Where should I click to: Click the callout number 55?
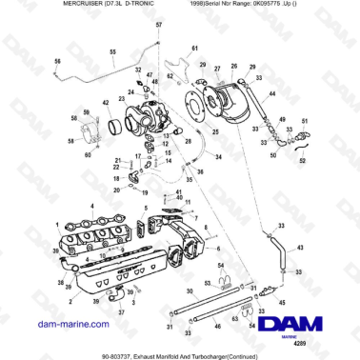coord(112,51)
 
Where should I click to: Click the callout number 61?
coord(194,48)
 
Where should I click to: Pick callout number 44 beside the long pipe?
coord(272,94)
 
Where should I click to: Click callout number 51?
coord(305,122)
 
